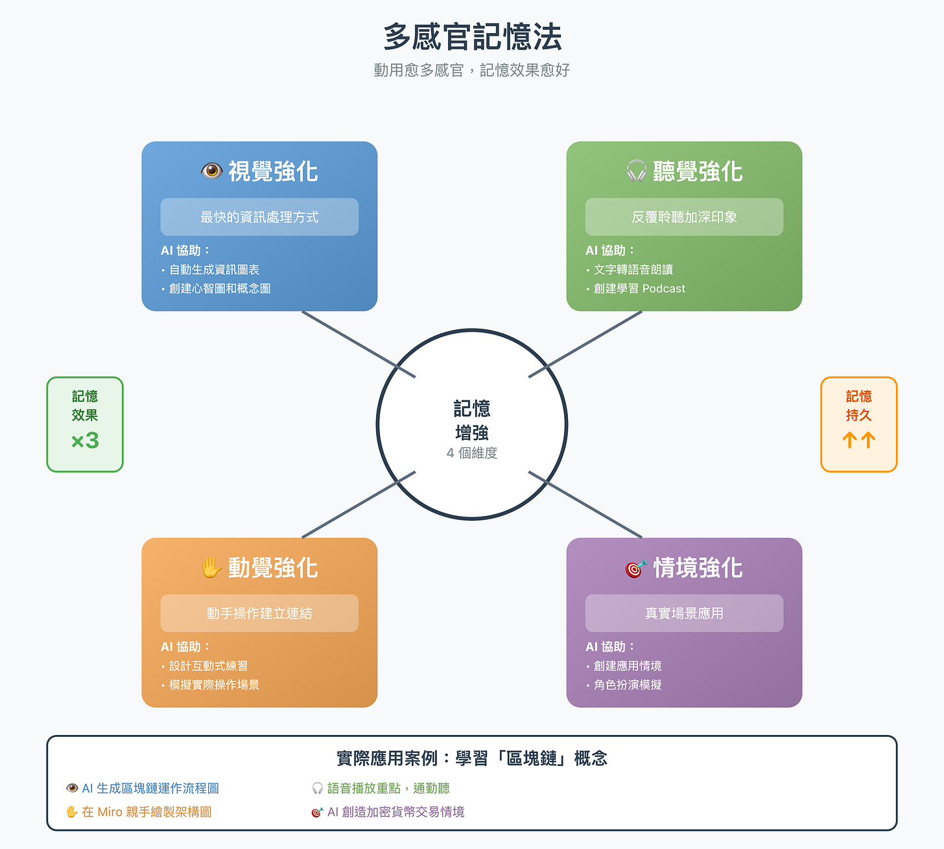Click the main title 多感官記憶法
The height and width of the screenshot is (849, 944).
[472, 37]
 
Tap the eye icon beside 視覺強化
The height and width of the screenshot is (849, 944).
[211, 171]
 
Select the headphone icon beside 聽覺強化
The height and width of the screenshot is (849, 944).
[636, 171]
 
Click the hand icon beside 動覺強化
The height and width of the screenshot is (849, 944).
[211, 568]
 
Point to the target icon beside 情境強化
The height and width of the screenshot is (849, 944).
[636, 568]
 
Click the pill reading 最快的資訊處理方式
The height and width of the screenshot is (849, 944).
[259, 217]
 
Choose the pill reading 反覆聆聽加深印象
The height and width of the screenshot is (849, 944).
[684, 217]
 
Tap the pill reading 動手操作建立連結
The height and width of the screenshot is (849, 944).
[259, 613]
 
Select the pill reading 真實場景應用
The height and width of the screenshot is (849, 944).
[684, 613]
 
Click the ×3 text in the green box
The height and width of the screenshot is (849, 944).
[85, 441]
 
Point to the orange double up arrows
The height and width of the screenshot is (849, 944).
[858, 441]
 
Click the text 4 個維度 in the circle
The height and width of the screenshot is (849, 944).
[472, 453]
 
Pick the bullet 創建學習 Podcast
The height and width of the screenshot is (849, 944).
[639, 288]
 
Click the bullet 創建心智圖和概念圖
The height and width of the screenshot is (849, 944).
[220, 288]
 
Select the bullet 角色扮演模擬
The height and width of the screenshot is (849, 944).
[628, 685]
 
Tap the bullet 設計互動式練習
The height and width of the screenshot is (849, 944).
[208, 666]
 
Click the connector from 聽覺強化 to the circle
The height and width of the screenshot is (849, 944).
[585, 344]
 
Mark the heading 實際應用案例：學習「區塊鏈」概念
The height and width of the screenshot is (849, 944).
[472, 758]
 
